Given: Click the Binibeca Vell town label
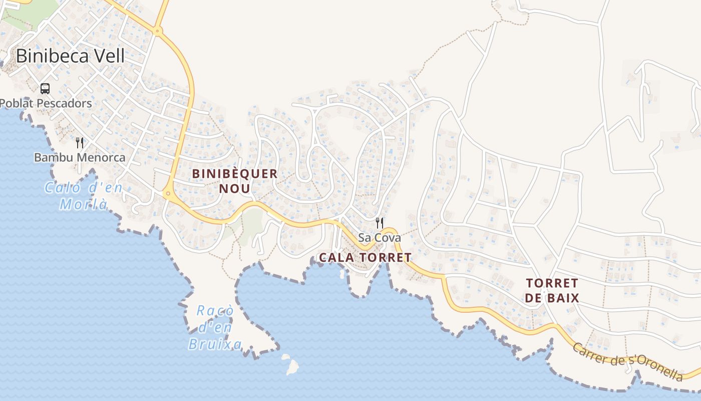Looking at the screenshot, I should (x=70, y=56).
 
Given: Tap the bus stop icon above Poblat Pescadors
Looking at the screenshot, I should (x=45, y=89).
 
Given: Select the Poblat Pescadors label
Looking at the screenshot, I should (x=46, y=103).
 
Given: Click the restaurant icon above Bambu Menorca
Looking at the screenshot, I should (x=80, y=143).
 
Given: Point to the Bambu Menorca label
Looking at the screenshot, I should (x=80, y=157).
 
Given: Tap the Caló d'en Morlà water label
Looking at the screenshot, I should (x=84, y=196).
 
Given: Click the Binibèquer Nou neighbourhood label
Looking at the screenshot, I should (x=235, y=181).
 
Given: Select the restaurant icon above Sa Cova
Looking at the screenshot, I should (x=380, y=223).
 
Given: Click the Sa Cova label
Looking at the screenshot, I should (x=380, y=238).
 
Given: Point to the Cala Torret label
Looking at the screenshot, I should (x=365, y=258).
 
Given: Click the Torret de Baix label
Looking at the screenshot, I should (x=552, y=291).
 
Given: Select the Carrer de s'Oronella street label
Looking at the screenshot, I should (x=628, y=362).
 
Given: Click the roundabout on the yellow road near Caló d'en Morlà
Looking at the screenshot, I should (x=167, y=193).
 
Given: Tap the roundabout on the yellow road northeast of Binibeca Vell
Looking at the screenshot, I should (x=158, y=32).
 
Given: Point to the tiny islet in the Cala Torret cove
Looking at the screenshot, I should (x=342, y=274).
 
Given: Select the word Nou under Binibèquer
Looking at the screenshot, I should (x=234, y=188).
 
